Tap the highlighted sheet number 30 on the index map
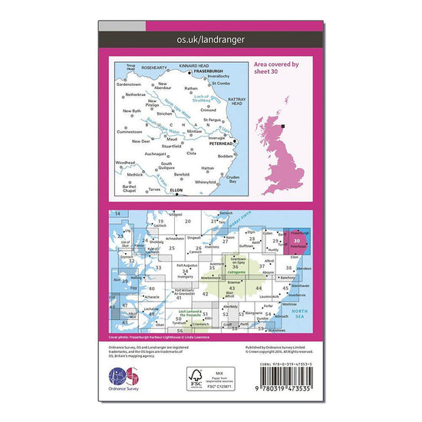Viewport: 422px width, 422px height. [296, 241]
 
